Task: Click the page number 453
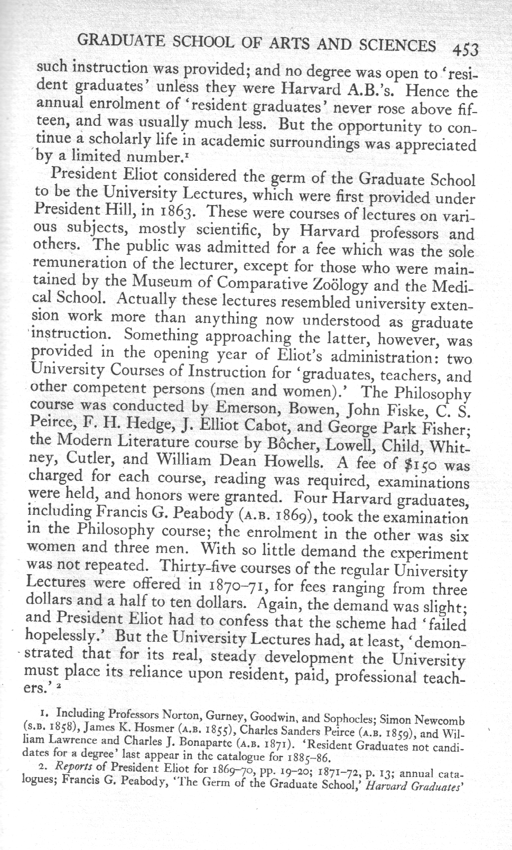click(x=465, y=49)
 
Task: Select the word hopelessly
click(x=60, y=637)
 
